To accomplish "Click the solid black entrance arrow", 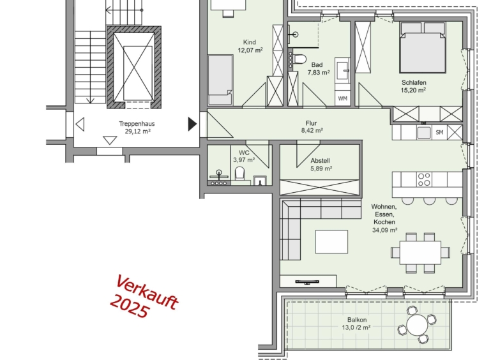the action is coord(192,124).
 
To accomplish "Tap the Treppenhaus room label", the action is coord(137,124).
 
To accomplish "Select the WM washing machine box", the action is coord(343,98).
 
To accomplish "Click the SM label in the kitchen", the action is coord(439,132).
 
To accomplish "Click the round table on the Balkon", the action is coord(418,325).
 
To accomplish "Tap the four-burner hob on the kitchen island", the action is coord(424,179).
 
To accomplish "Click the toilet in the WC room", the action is coord(239,173).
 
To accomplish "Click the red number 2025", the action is coord(130,306).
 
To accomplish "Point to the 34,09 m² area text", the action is coord(384,230).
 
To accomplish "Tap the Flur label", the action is coord(311,123).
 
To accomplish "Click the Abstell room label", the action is coord(320,161).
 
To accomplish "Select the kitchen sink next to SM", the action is coord(424,132).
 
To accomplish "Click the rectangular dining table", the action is coord(420,253).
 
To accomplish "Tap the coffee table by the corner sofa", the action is coord(331,242).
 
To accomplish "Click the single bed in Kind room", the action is coord(220,80).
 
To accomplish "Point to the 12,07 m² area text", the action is coord(250,50).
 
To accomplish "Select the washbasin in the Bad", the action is coord(343,70).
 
